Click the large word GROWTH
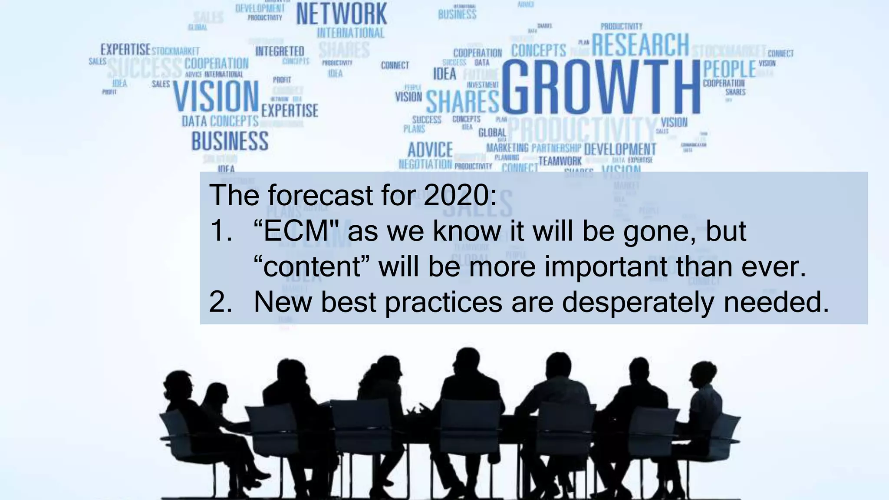(601, 86)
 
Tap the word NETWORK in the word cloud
(342, 14)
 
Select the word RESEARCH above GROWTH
(640, 45)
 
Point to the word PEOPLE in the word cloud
(730, 69)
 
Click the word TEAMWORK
(560, 161)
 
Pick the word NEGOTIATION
(425, 164)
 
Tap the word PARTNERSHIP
(556, 148)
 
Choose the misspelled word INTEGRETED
(280, 51)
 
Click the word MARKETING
(507, 148)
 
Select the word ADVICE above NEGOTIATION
(430, 150)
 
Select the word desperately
(638, 302)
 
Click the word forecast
(321, 195)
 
